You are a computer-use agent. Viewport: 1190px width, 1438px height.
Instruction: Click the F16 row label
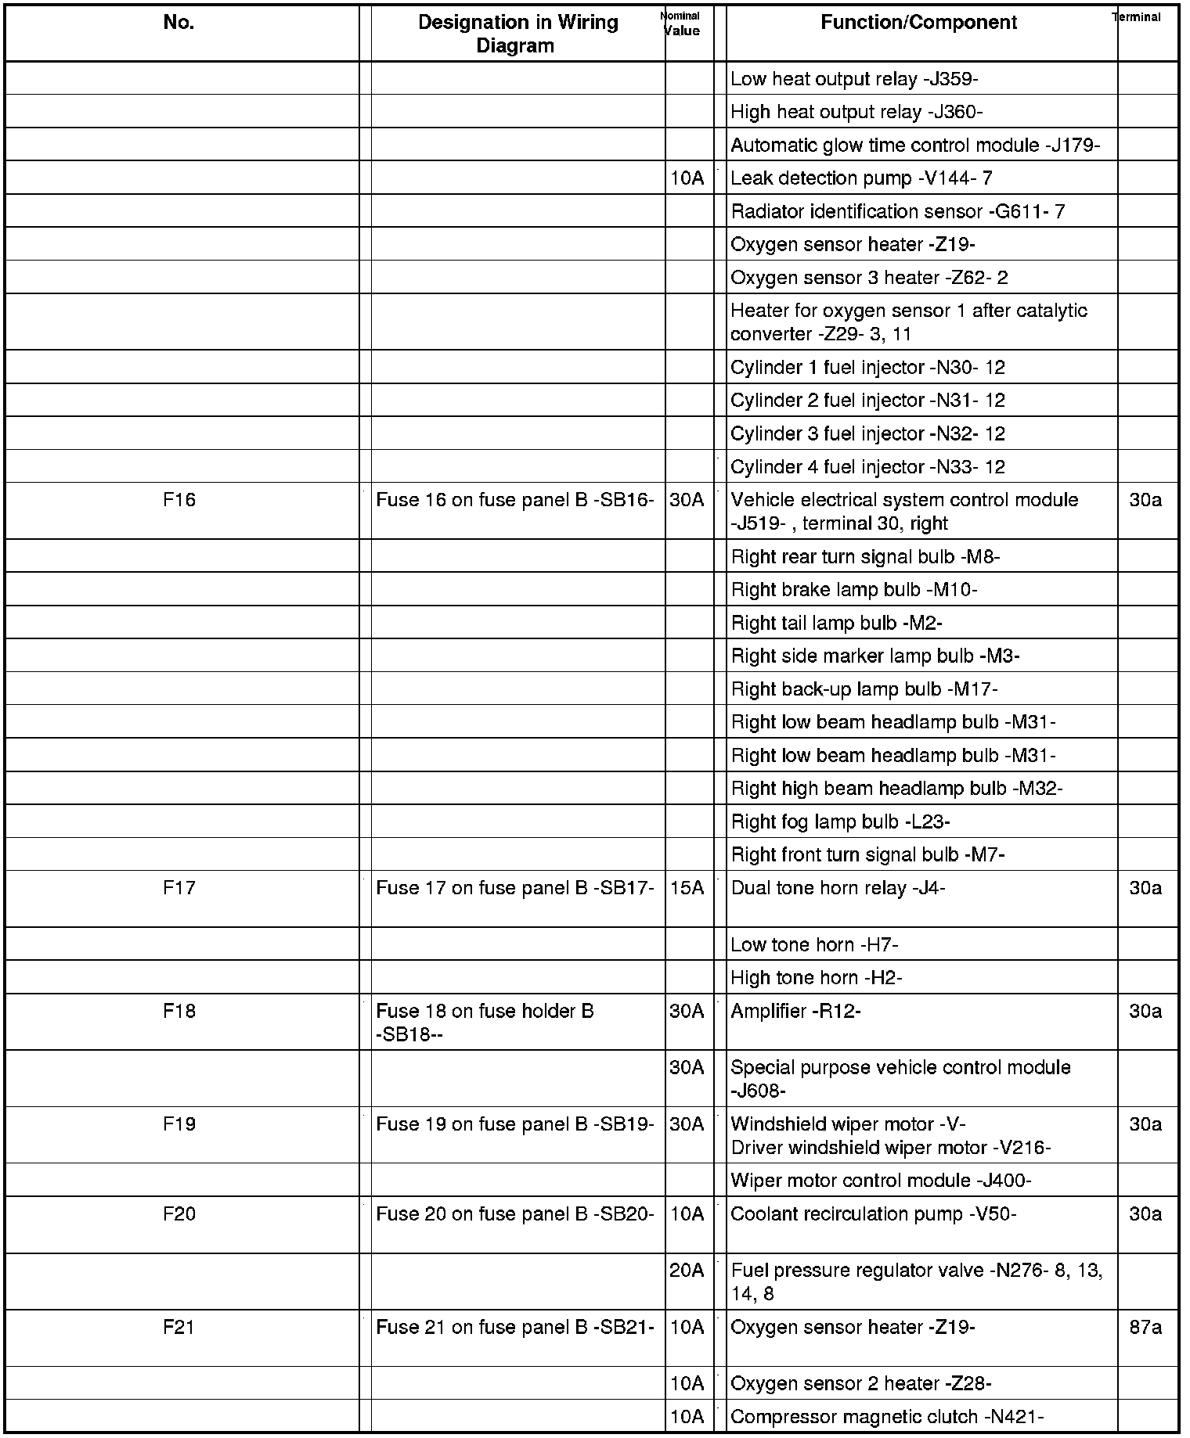[x=178, y=500]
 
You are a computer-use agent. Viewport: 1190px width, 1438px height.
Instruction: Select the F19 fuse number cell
[x=178, y=1124]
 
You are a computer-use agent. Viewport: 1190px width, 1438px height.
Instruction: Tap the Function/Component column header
[x=918, y=23]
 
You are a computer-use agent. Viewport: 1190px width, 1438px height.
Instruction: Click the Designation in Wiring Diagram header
[x=517, y=34]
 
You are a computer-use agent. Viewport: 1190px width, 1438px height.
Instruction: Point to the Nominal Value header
[x=681, y=24]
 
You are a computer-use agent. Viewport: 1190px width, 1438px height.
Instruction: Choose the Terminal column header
[x=1136, y=17]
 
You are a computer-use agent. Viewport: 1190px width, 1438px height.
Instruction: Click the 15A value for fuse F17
[x=687, y=888]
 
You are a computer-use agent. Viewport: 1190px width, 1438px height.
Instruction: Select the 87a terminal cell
[x=1145, y=1328]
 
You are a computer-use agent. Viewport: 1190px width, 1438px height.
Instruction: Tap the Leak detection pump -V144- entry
[x=861, y=178]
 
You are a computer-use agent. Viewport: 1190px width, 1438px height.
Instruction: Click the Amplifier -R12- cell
[x=795, y=1012]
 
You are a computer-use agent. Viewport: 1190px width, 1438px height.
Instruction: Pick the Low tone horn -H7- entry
[x=814, y=945]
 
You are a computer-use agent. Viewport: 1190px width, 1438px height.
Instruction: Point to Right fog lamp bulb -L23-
[x=840, y=821]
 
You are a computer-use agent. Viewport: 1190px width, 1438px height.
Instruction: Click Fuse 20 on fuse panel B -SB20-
[x=514, y=1214]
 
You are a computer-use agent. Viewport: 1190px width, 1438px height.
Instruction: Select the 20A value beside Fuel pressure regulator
[x=687, y=1271]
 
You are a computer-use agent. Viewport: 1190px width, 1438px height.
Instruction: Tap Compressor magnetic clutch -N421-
[x=887, y=1417]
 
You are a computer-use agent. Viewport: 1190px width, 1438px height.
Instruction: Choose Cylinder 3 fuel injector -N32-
[x=867, y=433]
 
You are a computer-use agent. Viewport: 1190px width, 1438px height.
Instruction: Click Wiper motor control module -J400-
[x=881, y=1181]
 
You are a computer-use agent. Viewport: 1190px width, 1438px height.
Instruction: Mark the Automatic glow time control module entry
[x=915, y=146]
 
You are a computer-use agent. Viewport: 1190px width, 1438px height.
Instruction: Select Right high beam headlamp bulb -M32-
[x=896, y=789]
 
